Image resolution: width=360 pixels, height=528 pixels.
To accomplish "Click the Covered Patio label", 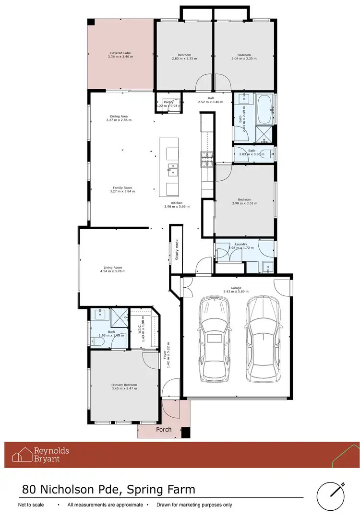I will (x=120, y=53).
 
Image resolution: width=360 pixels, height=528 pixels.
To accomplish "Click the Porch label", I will (x=164, y=430).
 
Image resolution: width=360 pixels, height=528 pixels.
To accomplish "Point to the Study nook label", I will (x=177, y=249).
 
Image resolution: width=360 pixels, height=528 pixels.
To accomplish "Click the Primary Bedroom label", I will (x=124, y=385).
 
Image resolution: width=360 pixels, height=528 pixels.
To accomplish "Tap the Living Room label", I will (x=113, y=268).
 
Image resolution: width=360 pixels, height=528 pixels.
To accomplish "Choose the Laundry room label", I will (x=241, y=244).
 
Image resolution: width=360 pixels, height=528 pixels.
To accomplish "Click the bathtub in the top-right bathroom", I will (x=264, y=109).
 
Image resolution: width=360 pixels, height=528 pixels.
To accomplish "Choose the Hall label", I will (x=210, y=98).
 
